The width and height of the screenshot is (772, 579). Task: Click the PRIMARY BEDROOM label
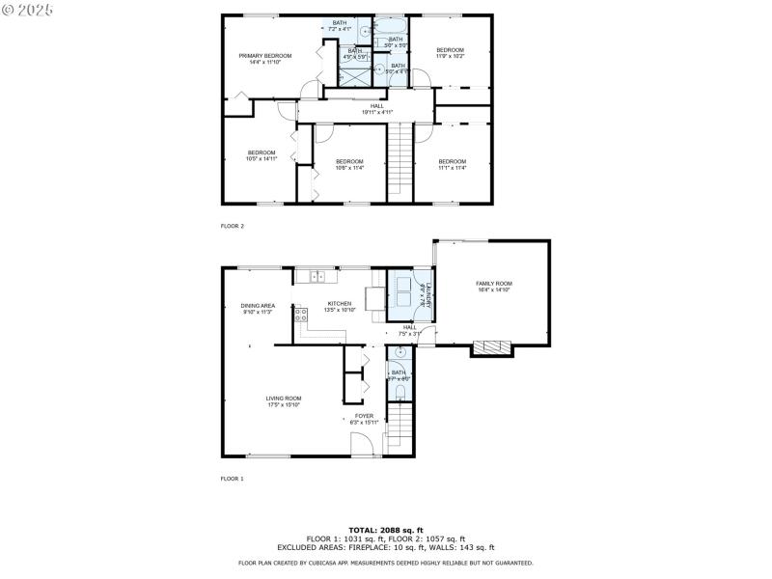[x=265, y=56]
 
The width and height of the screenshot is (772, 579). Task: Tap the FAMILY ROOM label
[x=493, y=283]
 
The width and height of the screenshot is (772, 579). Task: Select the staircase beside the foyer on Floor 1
[x=400, y=427]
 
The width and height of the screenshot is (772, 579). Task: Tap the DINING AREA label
[x=258, y=306]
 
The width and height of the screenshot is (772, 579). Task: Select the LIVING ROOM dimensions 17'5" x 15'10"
[x=285, y=405]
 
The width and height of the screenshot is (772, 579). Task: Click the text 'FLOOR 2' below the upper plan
[x=233, y=226]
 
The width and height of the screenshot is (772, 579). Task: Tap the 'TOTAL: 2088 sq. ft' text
[x=386, y=530]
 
